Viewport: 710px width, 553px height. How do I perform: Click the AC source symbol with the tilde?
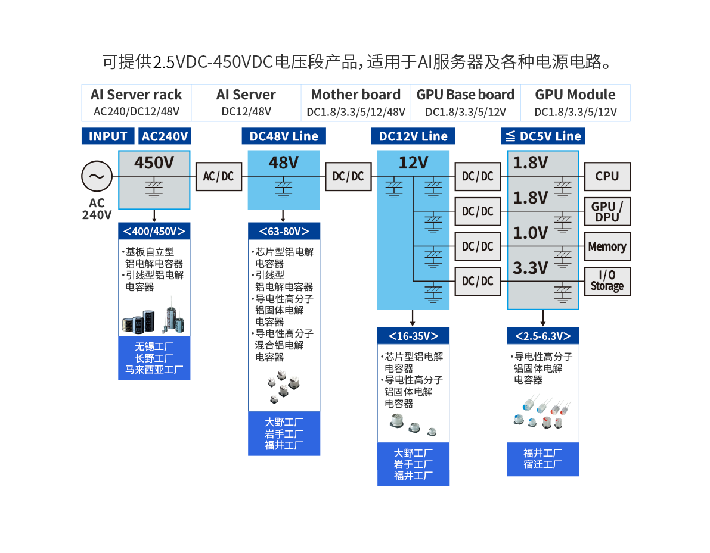[96, 176]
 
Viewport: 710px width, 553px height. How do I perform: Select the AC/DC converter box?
[219, 176]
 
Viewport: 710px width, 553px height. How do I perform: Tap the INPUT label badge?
[108, 136]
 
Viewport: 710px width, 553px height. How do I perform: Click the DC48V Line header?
[284, 136]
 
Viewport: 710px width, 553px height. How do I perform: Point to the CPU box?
[607, 176]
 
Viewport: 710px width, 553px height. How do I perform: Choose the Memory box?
[607, 246]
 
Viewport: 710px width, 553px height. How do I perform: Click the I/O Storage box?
[607, 281]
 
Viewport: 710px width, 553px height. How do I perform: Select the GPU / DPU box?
[607, 211]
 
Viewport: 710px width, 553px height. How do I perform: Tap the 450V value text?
[154, 163]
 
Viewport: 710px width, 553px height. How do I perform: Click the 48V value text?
[283, 163]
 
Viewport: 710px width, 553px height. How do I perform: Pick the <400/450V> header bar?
[154, 231]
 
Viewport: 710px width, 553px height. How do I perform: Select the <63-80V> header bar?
[284, 231]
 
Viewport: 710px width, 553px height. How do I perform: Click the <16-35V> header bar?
[413, 336]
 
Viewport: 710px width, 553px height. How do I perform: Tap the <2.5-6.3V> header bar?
[542, 336]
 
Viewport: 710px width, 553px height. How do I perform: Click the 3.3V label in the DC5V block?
[530, 268]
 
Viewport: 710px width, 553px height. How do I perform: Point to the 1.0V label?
[530, 233]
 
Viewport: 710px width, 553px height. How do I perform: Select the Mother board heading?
[356, 95]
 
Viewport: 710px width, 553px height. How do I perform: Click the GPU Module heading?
[575, 95]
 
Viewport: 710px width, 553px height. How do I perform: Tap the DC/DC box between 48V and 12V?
[348, 176]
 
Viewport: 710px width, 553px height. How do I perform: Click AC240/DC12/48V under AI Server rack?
[136, 111]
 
